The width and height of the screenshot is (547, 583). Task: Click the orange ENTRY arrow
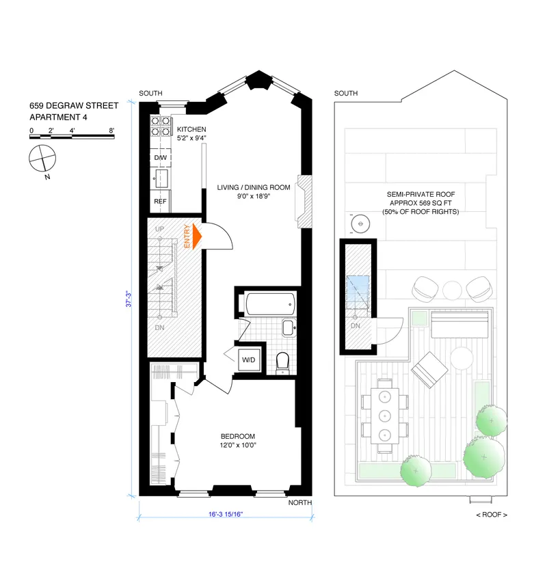coord(197,236)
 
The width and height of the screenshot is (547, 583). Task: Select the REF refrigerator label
coord(160,202)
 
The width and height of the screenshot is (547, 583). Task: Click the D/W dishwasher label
coord(160,159)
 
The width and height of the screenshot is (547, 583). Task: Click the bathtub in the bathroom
coord(269,303)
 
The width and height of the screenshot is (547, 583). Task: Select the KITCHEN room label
coord(191,130)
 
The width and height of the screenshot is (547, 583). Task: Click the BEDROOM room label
coord(237,437)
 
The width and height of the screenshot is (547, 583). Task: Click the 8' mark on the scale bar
coord(111,130)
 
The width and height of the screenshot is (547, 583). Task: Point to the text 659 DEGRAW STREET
coord(73,106)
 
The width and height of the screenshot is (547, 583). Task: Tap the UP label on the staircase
coord(160,228)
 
